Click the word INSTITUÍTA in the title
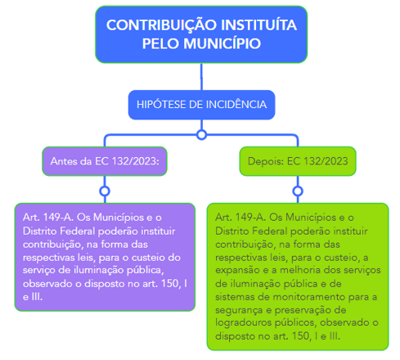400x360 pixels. [258, 25]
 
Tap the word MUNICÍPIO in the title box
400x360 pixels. [222, 43]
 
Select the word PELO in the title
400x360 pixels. [161, 43]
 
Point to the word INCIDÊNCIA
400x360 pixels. [236, 105]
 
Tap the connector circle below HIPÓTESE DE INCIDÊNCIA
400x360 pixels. [201, 135]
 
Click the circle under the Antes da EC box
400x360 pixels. [105, 191]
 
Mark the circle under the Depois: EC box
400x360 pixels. [298, 191]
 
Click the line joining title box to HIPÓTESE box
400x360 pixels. [201, 77]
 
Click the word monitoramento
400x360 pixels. [309, 297]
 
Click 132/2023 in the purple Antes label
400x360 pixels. [136, 161]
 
